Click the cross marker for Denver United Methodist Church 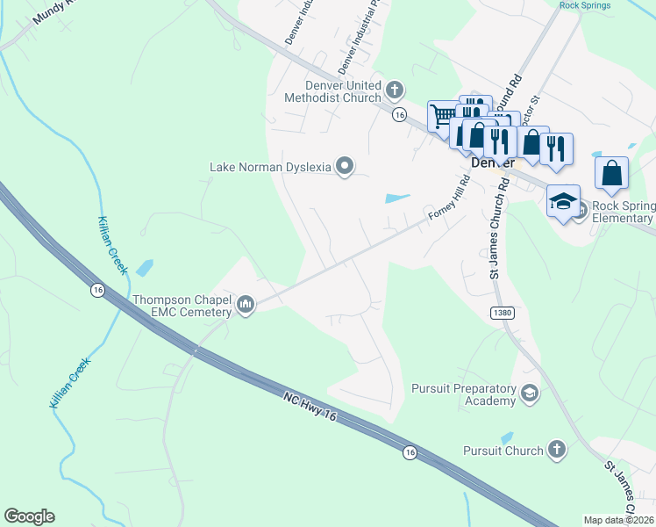tap(395, 90)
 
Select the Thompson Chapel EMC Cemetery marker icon tap(245, 306)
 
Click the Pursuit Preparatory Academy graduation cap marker tap(529, 393)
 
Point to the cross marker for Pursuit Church tap(555, 451)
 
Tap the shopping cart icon tap(444, 115)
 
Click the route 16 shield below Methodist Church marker tap(400, 115)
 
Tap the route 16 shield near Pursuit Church tap(410, 451)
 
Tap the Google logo tap(29, 516)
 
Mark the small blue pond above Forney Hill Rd tap(397, 198)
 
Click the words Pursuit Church tap(503, 451)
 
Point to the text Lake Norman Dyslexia tap(270, 167)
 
